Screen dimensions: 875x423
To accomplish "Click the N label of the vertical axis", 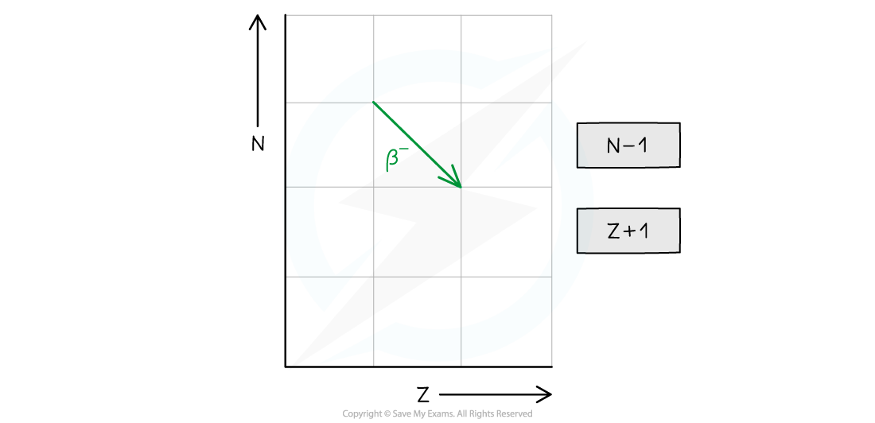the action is coord(257,145).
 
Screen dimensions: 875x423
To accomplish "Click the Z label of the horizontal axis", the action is coord(423,395).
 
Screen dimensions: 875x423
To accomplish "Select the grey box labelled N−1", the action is coord(628,145).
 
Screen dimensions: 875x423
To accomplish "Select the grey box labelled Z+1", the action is coord(628,231).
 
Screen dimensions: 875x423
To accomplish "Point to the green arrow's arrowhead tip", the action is coord(461,187).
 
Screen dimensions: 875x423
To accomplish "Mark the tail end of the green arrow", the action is coord(373,102).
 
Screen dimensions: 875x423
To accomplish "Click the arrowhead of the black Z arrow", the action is coord(550,394).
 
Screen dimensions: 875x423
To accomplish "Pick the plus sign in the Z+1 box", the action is coord(629,231).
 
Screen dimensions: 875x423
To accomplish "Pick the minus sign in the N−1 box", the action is coord(629,146).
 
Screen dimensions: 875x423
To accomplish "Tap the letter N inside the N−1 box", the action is coord(614,146).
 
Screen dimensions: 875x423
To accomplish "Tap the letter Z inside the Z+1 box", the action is coord(614,231).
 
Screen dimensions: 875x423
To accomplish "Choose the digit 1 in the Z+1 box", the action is coord(644,231).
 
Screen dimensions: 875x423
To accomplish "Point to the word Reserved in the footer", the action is coord(515,413).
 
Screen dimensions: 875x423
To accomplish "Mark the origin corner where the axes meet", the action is coord(286,367).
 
